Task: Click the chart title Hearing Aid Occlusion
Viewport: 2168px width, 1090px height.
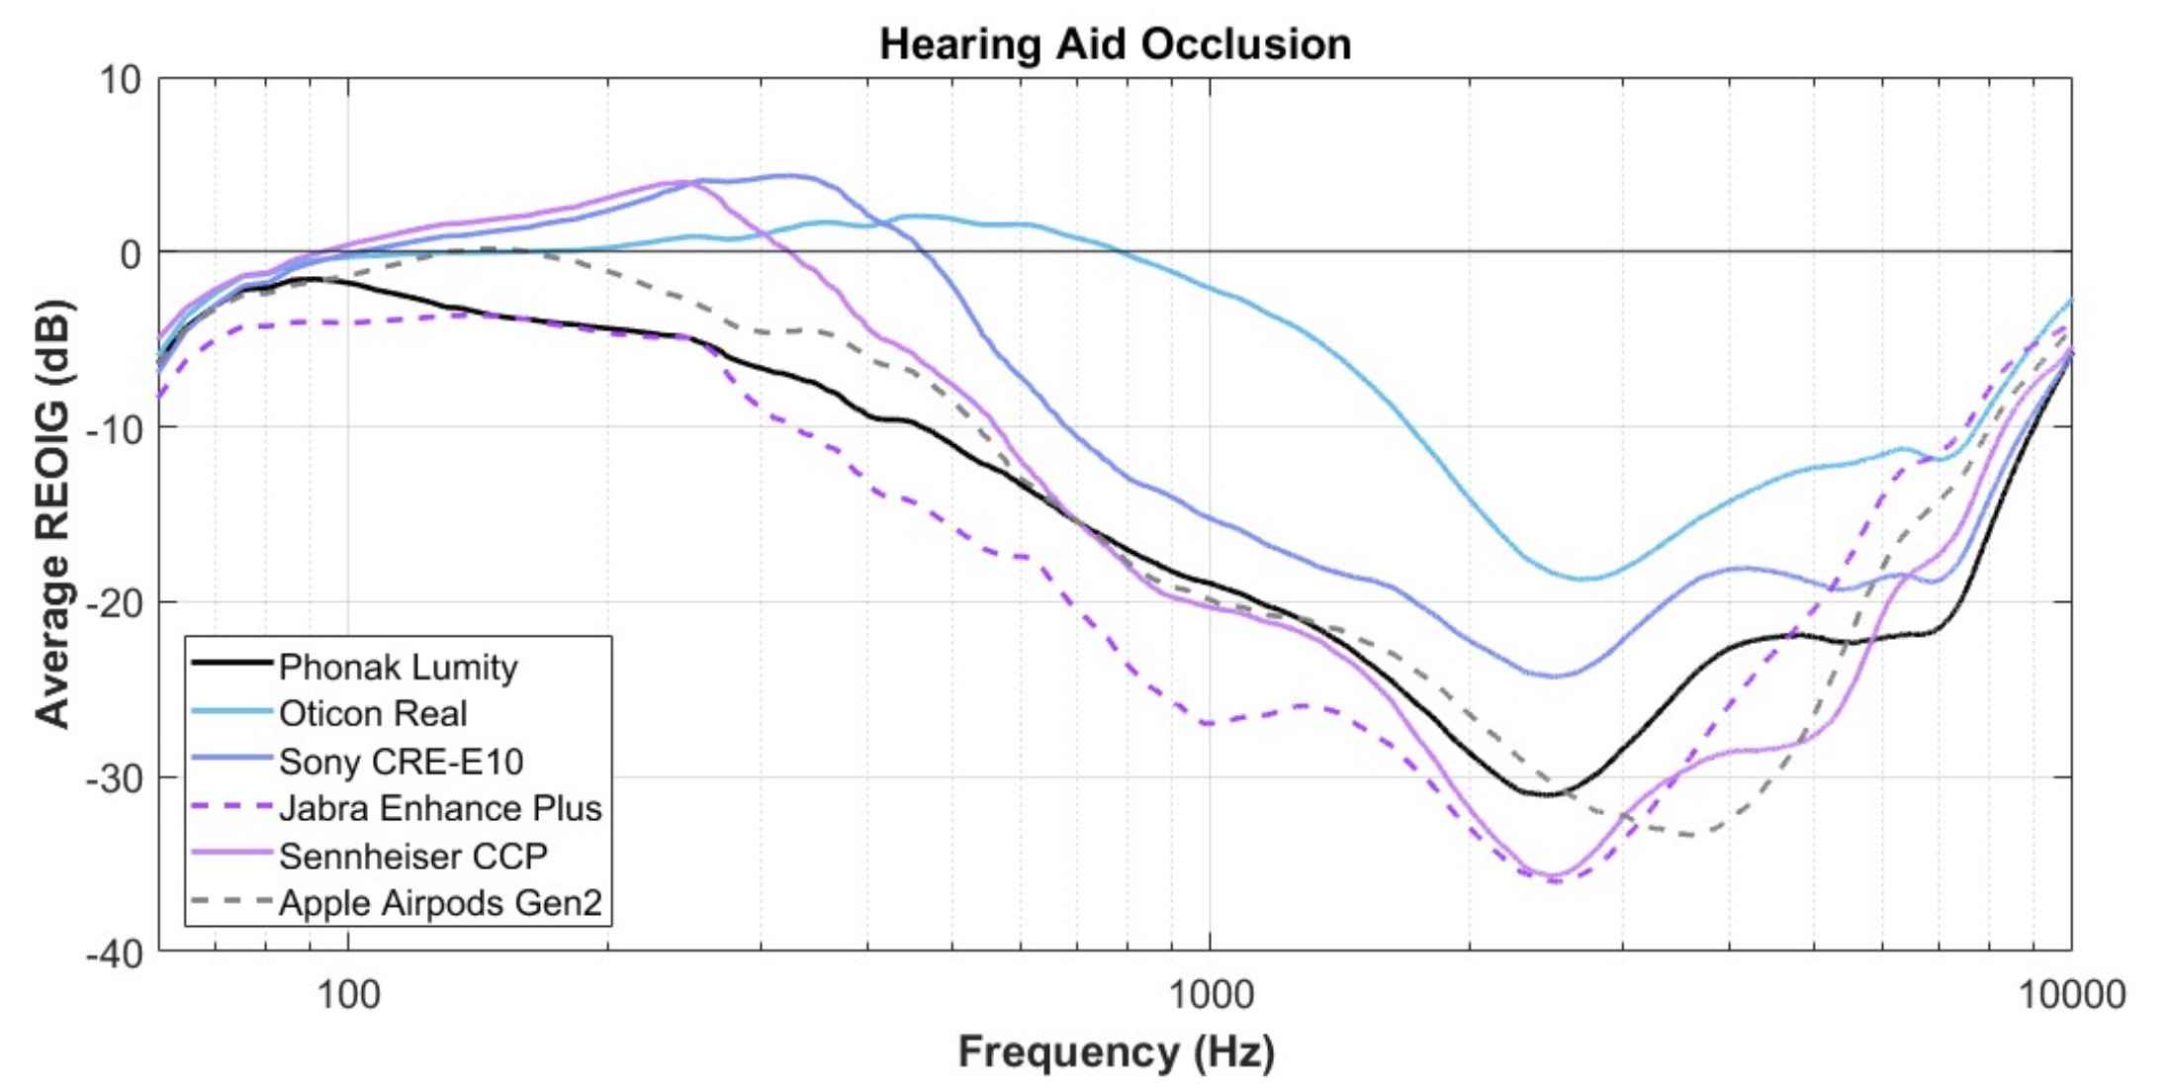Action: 1115,45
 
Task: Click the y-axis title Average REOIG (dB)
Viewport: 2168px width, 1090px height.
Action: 53,513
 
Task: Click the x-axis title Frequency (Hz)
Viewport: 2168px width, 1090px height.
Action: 1115,1050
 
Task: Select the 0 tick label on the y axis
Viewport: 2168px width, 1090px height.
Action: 130,254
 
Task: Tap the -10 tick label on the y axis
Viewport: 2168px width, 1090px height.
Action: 114,428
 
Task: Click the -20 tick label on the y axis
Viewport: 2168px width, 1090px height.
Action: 114,603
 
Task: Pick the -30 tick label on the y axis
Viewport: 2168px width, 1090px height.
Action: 114,778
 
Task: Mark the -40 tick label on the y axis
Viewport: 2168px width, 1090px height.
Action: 114,954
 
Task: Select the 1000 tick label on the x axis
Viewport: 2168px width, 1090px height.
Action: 1209,993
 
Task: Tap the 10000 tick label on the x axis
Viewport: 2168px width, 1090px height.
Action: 2071,993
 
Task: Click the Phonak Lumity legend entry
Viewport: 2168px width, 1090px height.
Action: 398,667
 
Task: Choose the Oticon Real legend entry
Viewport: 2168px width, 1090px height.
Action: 373,713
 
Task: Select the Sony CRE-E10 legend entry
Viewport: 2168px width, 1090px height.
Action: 401,761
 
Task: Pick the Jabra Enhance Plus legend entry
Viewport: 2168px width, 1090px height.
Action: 440,808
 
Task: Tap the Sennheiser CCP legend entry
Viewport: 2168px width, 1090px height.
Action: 412,856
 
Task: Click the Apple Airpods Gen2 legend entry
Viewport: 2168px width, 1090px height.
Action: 440,903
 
